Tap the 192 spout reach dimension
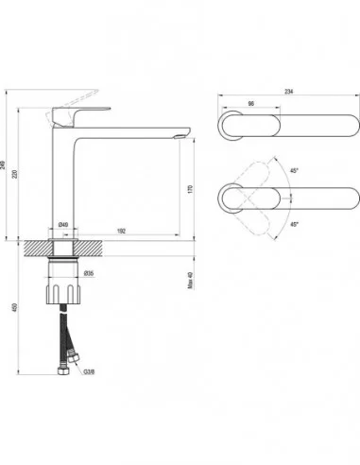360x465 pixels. coord(124,230)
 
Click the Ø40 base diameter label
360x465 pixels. coord(62,223)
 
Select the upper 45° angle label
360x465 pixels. coord(296,171)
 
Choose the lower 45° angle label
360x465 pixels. coord(296,225)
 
